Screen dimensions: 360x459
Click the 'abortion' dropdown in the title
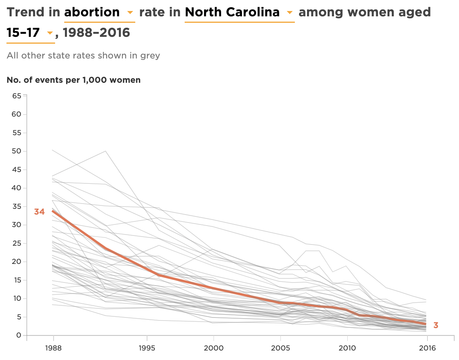click(99, 13)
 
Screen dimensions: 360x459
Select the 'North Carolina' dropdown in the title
click(239, 13)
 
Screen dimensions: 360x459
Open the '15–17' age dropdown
click(30, 33)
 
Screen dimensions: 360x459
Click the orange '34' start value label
click(40, 212)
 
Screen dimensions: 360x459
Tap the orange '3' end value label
click(436, 325)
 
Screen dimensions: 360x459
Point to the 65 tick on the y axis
click(16, 96)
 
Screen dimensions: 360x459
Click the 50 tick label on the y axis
click(16, 151)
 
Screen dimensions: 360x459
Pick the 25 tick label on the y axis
click(16, 243)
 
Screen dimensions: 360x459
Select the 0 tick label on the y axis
click(18, 335)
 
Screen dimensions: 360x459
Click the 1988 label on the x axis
click(53, 348)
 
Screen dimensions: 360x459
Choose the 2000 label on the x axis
click(214, 348)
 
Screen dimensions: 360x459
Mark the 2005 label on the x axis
click(280, 348)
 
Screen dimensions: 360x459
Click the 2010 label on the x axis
click(347, 348)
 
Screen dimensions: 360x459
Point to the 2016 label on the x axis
click(427, 348)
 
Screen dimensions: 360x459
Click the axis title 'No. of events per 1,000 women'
click(74, 80)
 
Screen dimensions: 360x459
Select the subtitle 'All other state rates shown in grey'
click(83, 55)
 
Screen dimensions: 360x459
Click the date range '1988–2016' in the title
click(96, 33)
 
